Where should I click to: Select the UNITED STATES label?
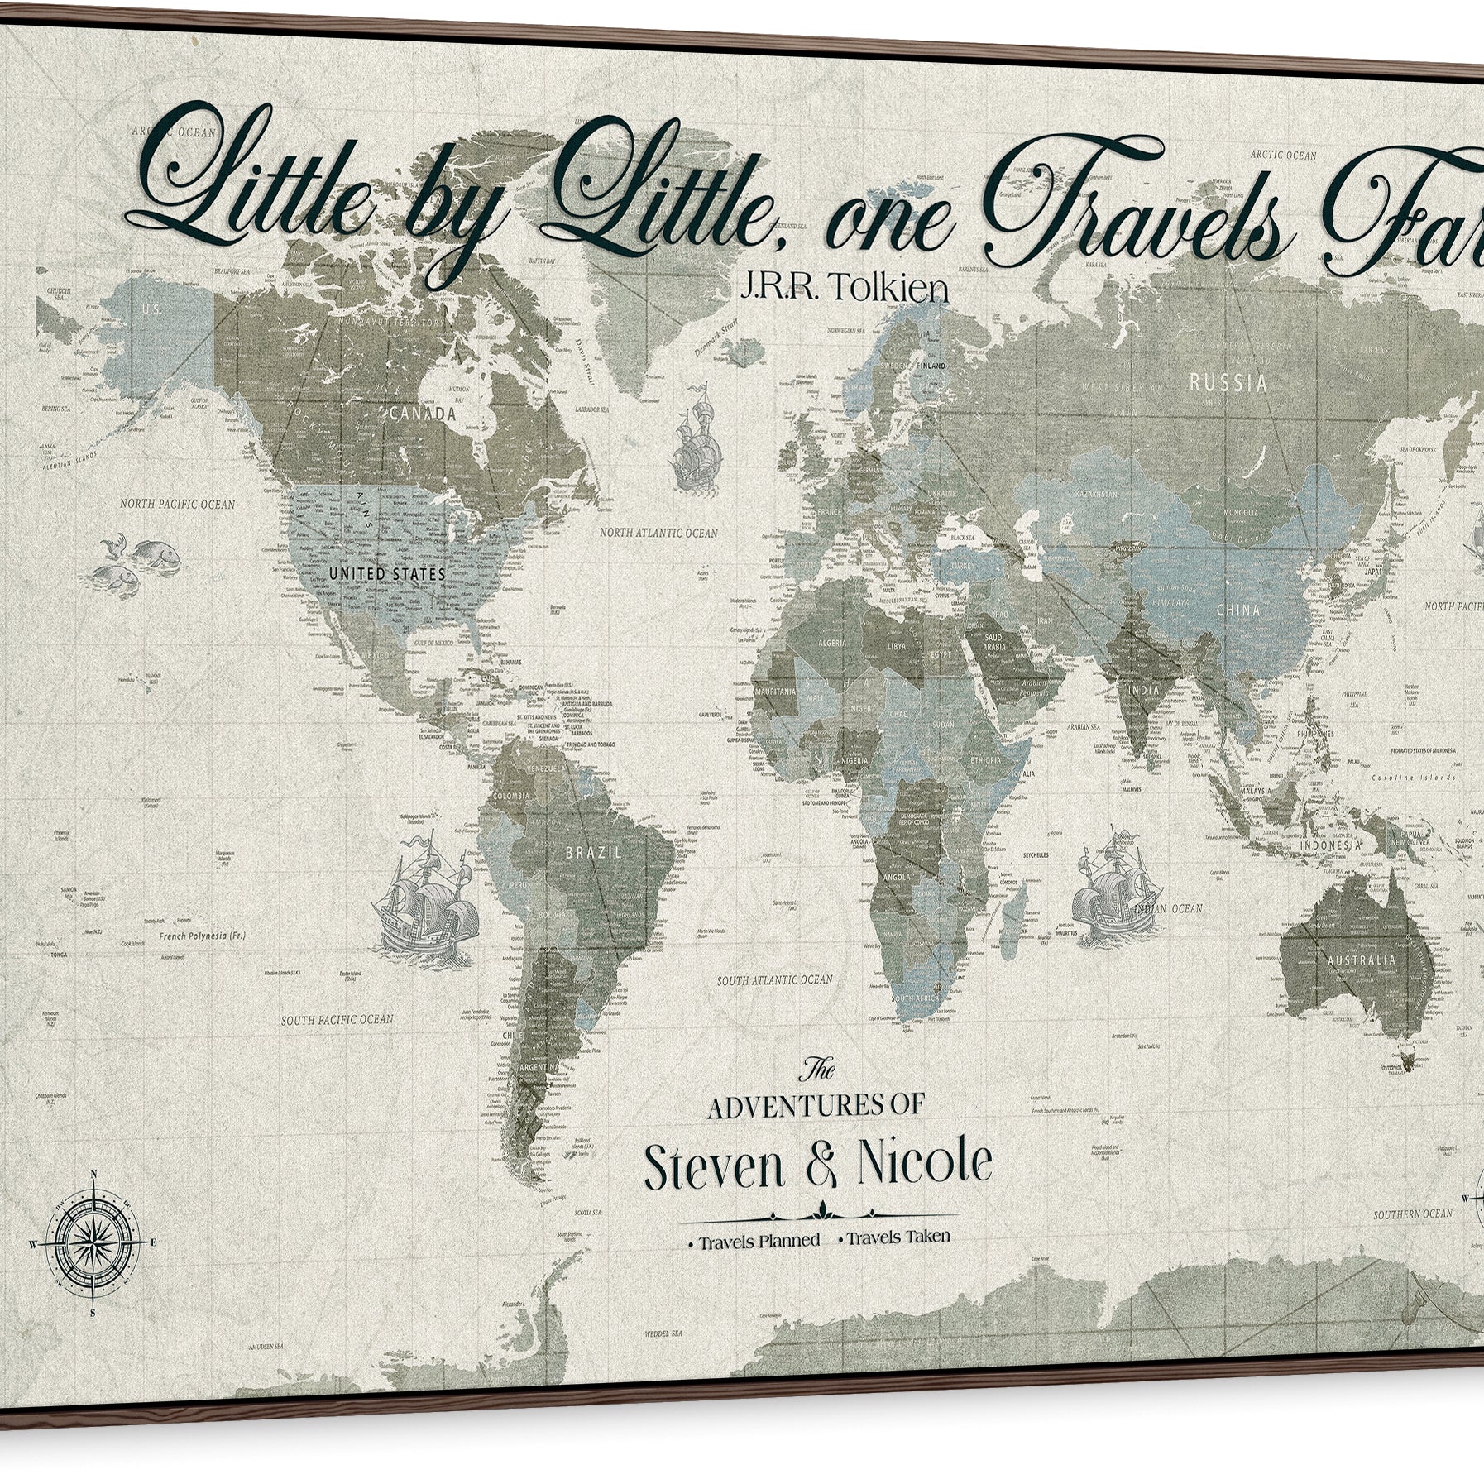tap(386, 572)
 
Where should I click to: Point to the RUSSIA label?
tap(1228, 382)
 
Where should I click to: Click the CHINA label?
tap(1237, 610)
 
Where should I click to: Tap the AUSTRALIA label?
tap(1360, 960)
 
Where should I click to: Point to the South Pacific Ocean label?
tap(337, 1020)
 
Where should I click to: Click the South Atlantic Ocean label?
tap(774, 979)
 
